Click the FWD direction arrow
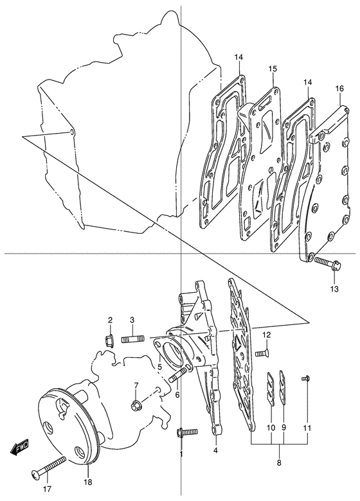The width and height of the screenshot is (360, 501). (x=19, y=446)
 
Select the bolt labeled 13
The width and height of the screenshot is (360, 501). (x=328, y=263)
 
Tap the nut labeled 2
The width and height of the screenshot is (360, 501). (x=110, y=340)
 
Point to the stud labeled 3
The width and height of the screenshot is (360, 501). (x=132, y=339)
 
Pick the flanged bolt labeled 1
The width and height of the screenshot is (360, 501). (x=186, y=433)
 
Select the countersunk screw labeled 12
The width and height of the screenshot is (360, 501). (x=262, y=353)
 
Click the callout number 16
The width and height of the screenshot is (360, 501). (x=339, y=89)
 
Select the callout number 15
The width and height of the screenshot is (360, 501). (x=273, y=69)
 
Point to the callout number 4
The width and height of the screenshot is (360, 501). (x=215, y=450)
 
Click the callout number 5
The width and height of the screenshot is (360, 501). (x=159, y=365)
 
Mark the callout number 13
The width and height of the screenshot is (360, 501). (x=334, y=288)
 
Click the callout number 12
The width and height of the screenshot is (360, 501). (x=267, y=335)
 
